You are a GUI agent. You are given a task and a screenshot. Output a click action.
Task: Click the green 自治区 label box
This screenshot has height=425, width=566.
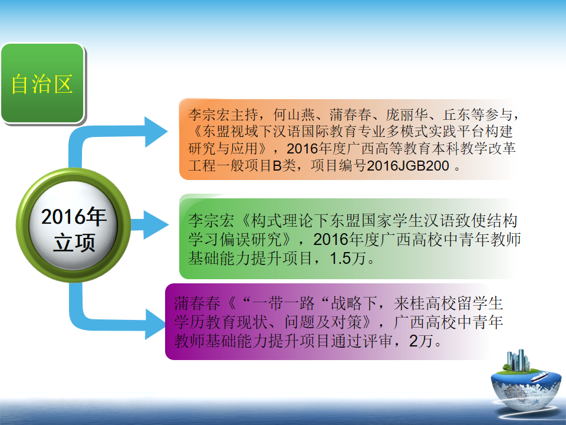pyautogui.click(x=42, y=83)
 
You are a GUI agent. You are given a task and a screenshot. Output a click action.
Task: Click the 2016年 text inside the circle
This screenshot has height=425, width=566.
pyautogui.click(x=74, y=217)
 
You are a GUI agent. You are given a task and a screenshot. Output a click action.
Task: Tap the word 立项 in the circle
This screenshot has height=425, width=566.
pyautogui.click(x=74, y=243)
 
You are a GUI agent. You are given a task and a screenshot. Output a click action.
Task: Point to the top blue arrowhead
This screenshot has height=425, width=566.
pyautogui.click(x=156, y=132)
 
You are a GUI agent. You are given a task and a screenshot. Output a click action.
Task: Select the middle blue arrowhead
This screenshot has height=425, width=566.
pyautogui.click(x=156, y=225)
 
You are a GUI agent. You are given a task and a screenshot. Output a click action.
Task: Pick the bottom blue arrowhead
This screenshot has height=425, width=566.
pyautogui.click(x=155, y=324)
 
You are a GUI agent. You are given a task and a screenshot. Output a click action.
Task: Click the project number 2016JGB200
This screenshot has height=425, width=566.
pyautogui.click(x=408, y=166)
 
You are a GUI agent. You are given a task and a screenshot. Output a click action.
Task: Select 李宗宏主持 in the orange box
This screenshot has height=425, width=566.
pyautogui.click(x=223, y=115)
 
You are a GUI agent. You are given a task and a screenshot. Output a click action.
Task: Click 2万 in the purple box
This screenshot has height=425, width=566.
pyautogui.click(x=421, y=341)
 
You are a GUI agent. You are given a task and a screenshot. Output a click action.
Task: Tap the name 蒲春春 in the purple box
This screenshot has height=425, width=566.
pyautogui.click(x=197, y=303)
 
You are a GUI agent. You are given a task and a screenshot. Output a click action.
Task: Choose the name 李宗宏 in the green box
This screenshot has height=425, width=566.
pyautogui.click(x=211, y=220)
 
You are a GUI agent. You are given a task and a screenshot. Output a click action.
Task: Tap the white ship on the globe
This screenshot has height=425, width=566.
pyautogui.click(x=540, y=376)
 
